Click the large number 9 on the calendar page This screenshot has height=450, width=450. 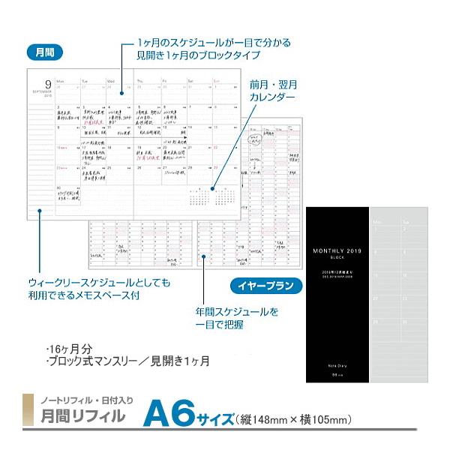tap(46, 84)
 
